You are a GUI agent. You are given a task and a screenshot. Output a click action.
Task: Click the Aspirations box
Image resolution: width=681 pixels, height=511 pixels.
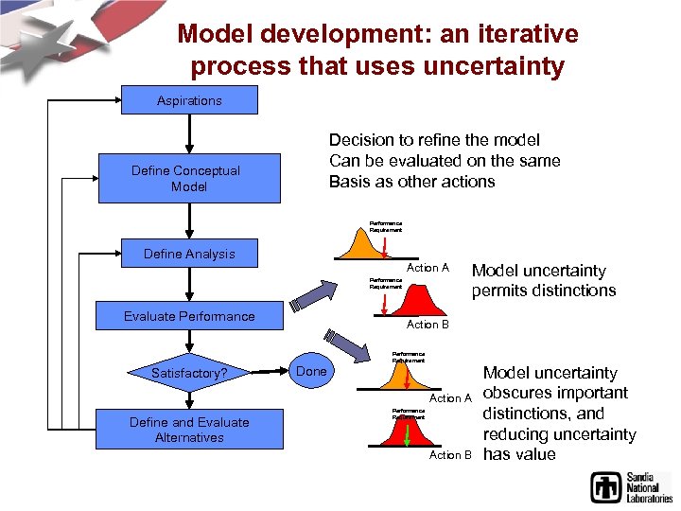click(x=189, y=100)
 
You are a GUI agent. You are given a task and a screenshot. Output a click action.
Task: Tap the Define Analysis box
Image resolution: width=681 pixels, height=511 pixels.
click(x=189, y=254)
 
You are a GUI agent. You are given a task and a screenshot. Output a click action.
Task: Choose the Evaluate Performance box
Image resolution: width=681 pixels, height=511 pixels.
click(x=189, y=316)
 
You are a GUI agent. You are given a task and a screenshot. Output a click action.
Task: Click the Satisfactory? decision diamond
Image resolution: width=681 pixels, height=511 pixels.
click(x=189, y=373)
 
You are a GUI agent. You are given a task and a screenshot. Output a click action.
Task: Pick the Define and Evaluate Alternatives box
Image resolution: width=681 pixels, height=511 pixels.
click(x=189, y=430)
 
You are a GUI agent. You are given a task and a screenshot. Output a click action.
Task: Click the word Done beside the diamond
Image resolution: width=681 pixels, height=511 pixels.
click(x=311, y=371)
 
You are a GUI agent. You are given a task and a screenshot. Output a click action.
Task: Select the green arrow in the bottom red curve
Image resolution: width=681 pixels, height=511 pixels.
click(x=407, y=435)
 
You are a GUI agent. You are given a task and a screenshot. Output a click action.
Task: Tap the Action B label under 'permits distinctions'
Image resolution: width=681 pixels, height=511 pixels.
click(x=428, y=325)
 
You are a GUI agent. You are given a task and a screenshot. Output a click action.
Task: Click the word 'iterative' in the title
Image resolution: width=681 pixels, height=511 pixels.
click(x=520, y=35)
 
